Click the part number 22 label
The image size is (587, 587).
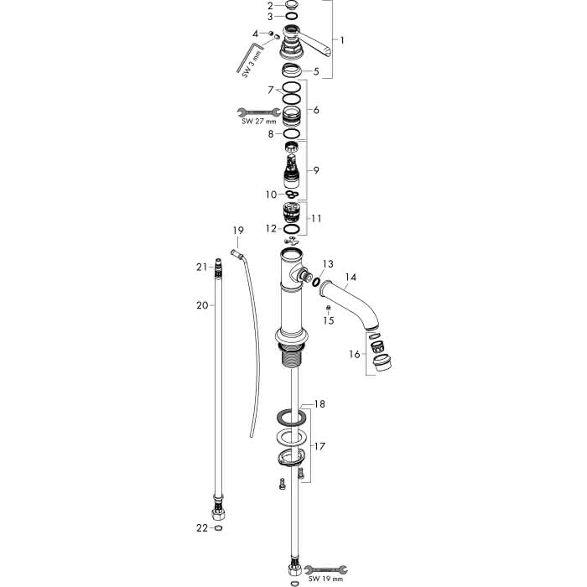point(202,527)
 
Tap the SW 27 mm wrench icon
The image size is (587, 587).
point(258,112)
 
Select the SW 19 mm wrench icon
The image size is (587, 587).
point(325,569)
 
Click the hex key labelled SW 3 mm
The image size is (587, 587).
point(250,56)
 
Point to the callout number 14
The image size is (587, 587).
point(351,277)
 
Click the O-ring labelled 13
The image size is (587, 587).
point(317,282)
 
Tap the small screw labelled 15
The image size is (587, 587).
point(329,308)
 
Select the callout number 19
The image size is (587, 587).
point(238,231)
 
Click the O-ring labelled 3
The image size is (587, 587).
point(291,16)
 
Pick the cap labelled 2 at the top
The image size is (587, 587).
point(291,5)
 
